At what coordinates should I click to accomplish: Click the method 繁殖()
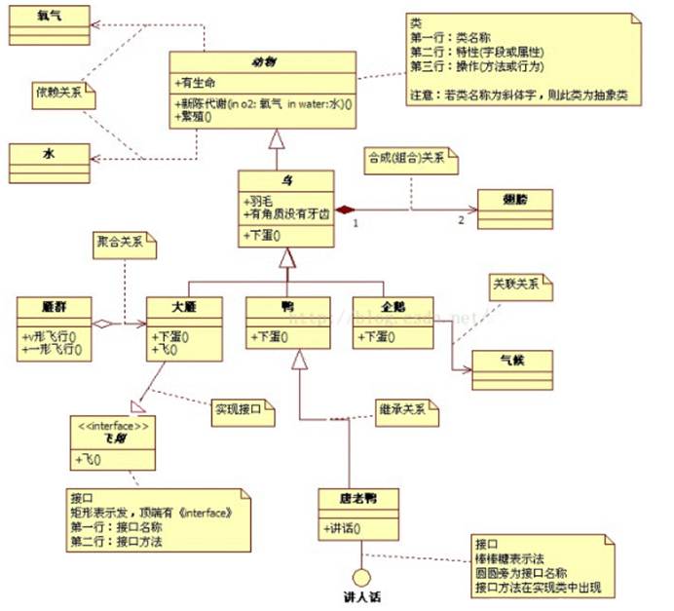[194, 117]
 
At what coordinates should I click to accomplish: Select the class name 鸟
[286, 181]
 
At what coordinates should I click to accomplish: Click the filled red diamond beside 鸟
[343, 210]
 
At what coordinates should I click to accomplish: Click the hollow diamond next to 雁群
[102, 324]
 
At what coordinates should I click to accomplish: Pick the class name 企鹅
[392, 307]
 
